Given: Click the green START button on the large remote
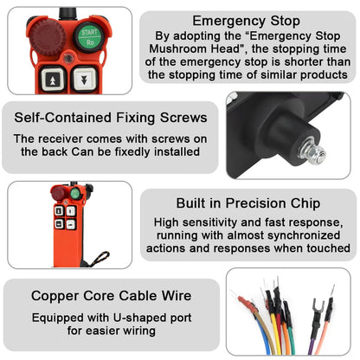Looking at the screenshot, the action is [89, 37].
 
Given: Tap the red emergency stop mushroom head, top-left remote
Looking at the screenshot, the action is [48, 37].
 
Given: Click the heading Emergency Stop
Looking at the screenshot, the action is [246, 21].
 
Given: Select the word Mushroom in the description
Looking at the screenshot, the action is [177, 48].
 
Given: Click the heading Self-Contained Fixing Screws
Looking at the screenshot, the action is [111, 118].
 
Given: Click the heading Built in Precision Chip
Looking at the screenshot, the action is [248, 203].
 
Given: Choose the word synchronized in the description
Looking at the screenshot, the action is [304, 235].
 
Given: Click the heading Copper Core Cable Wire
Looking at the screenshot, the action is [112, 296].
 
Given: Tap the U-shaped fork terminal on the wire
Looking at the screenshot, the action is [318, 306].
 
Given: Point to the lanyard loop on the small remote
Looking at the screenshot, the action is [100, 259].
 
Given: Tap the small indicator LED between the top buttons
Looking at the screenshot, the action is [68, 59].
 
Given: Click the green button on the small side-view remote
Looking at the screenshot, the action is [75, 193].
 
